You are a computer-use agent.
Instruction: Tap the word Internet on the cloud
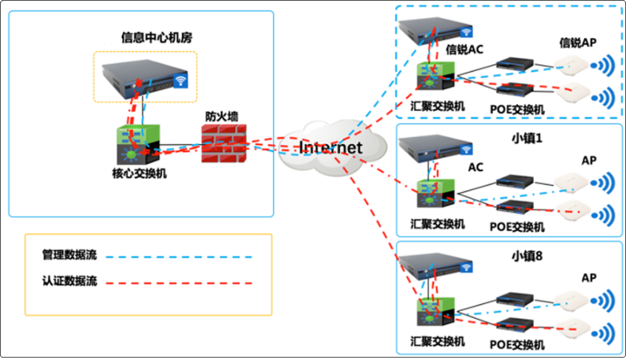(x=331, y=147)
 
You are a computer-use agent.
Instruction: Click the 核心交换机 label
(x=139, y=172)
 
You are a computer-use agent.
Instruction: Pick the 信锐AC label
(x=464, y=50)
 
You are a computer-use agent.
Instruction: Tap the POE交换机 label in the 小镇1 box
(x=517, y=227)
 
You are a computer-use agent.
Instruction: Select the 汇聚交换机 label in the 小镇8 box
(x=438, y=341)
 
